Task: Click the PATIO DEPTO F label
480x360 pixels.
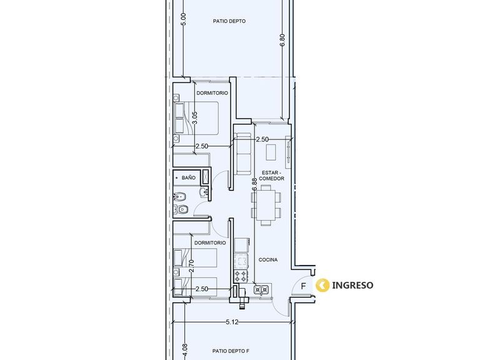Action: click(229, 351)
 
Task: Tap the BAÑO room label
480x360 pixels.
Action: click(188, 177)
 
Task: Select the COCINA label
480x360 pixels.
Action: click(268, 259)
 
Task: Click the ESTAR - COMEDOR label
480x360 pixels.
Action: click(271, 176)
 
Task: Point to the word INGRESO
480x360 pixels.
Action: click(352, 285)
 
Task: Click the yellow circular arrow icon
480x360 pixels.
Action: click(322, 285)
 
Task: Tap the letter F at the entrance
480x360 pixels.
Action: click(303, 286)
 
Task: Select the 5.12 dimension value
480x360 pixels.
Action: click(232, 322)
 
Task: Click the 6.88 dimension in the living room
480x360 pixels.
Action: click(254, 185)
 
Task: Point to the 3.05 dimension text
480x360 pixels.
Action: click(195, 118)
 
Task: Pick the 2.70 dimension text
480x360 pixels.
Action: click(192, 266)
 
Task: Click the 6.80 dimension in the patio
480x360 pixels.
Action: click(282, 40)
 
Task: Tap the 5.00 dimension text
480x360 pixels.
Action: click(183, 19)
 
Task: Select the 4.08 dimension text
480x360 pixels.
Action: click(184, 350)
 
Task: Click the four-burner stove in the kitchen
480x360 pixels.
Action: click(241, 276)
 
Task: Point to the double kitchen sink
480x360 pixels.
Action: click(261, 289)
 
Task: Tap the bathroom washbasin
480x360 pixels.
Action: click(204, 192)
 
